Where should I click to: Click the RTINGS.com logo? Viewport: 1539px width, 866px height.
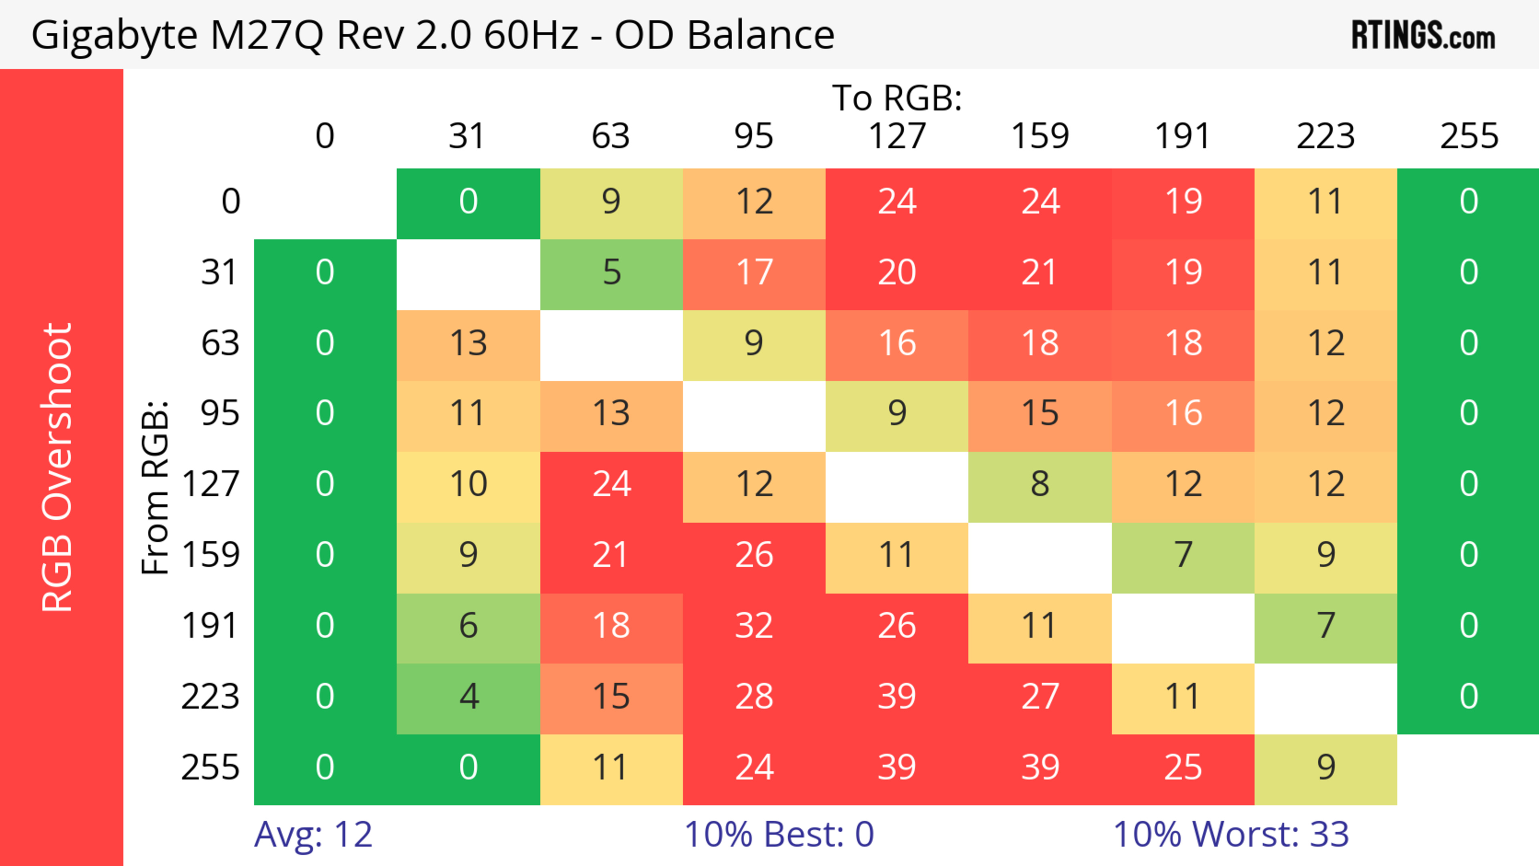pos(1423,35)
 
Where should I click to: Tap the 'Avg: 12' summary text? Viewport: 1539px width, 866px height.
pos(313,834)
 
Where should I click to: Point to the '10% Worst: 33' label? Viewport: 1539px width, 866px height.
pos(1231,834)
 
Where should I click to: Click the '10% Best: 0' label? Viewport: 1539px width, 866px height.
pos(778,834)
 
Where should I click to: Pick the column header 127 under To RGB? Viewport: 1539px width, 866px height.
pos(897,136)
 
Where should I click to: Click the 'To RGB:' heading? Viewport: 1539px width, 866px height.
pos(897,98)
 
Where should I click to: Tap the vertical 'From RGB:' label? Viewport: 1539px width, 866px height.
pos(156,487)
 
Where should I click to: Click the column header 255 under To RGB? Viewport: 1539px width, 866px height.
pos(1468,136)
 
